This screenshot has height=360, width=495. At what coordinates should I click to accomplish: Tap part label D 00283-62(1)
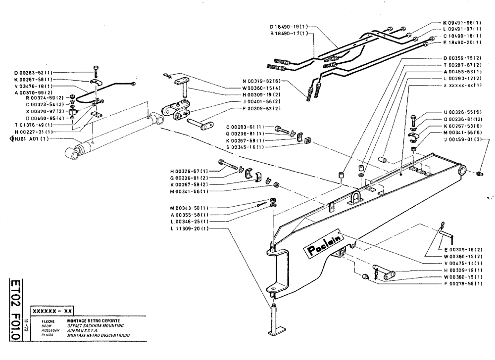[x=34, y=73]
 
